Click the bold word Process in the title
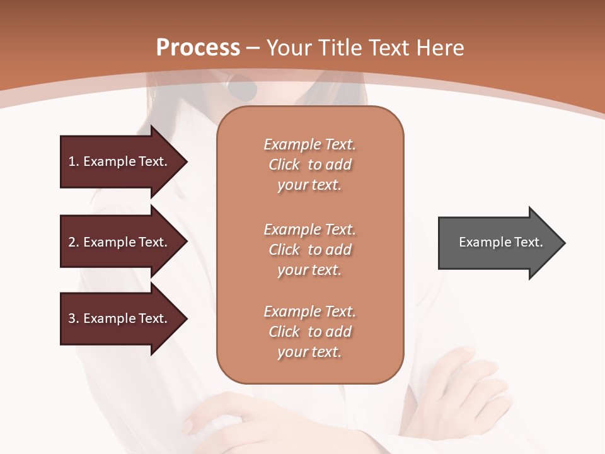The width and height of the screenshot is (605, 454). coord(198,48)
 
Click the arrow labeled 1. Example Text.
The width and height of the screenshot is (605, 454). coord(120,161)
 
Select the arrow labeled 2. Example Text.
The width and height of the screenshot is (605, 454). coord(120,242)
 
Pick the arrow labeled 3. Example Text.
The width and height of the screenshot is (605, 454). coord(120,318)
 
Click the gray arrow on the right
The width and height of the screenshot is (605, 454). coord(498,243)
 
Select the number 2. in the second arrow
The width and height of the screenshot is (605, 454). coord(74,242)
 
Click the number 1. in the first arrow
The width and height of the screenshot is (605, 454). coord(74,161)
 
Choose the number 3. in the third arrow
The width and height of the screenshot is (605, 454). coord(74,318)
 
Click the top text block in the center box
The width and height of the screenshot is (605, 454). coord(309,165)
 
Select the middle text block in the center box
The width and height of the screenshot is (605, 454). coord(309,250)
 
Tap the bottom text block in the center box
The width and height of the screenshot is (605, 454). coord(309,332)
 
